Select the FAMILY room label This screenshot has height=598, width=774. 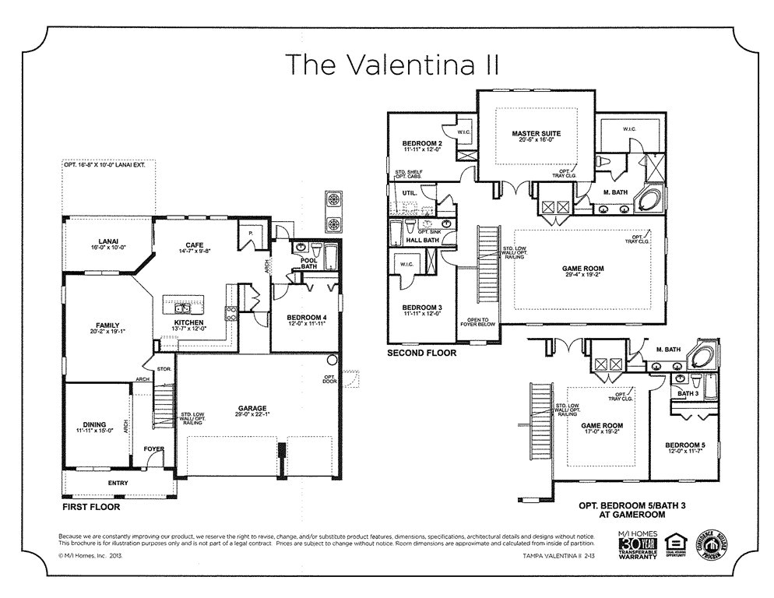(x=107, y=325)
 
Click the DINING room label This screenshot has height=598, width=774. (x=94, y=425)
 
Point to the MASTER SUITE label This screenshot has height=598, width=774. (x=536, y=134)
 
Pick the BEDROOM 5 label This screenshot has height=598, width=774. (x=684, y=445)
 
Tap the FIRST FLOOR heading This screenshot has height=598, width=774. (x=91, y=506)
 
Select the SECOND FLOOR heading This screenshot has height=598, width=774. (x=421, y=353)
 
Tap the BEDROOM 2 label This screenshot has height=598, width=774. (x=422, y=144)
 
